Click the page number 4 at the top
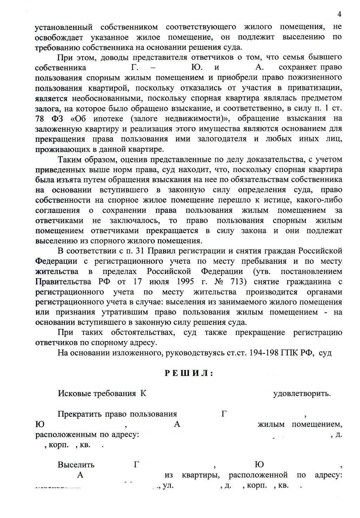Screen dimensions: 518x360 point(339,14)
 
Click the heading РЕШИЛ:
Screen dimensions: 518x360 point(189,373)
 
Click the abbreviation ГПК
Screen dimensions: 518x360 point(289,353)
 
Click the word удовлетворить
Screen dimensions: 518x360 point(302,393)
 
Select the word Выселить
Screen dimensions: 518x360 point(76,465)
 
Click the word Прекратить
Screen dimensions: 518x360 point(79,414)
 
